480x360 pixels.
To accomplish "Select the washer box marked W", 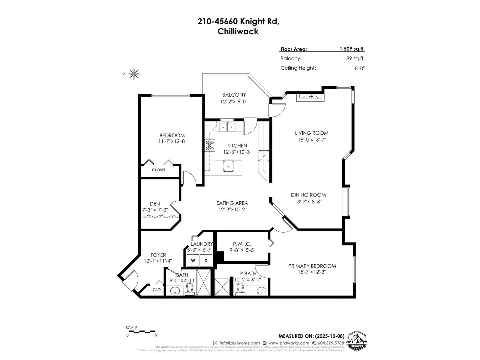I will [x=193, y=261].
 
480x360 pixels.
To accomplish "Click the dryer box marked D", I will [x=206, y=261].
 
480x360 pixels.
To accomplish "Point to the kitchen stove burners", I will [x=209, y=145].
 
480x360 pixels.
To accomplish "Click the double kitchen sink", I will [x=227, y=127].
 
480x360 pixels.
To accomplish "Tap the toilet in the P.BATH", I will [x=240, y=289].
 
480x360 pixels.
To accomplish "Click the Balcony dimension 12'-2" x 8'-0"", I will [x=234, y=102].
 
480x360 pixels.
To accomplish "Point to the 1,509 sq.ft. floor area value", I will [x=352, y=49].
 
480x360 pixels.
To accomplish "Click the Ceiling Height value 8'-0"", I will [x=359, y=68].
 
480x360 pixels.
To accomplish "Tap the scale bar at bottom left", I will [x=141, y=332].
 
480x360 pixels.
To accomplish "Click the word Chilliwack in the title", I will [x=238, y=31].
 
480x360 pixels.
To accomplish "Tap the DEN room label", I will [x=155, y=204].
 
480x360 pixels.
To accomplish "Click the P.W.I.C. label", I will [x=242, y=244].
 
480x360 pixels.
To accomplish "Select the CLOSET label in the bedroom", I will [x=158, y=170].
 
